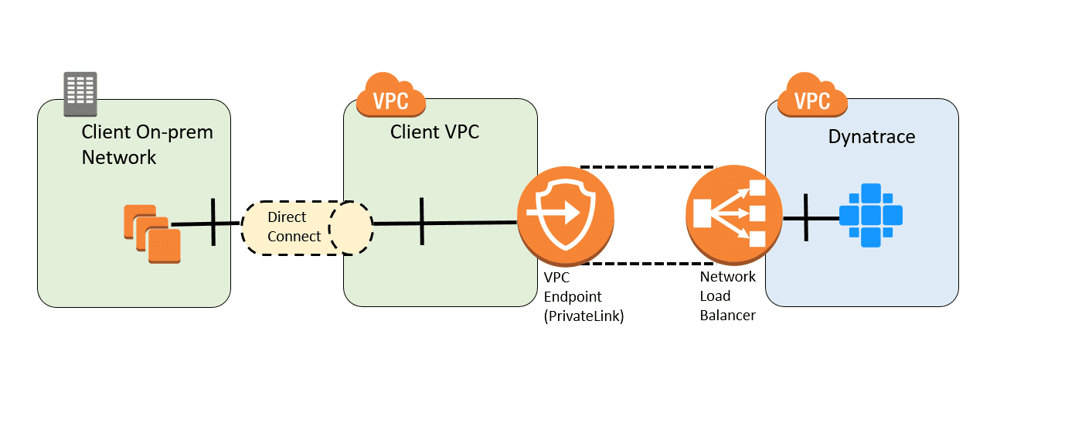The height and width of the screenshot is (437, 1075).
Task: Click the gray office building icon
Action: click(80, 94)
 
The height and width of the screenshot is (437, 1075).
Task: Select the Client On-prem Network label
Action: click(148, 145)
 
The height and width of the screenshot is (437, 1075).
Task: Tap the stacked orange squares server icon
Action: click(152, 234)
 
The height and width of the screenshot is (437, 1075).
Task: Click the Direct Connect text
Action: click(294, 227)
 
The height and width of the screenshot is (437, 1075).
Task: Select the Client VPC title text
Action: click(434, 132)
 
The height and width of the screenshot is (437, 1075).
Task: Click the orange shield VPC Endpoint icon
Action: click(566, 215)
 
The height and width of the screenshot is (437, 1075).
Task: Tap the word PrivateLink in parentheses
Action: click(583, 316)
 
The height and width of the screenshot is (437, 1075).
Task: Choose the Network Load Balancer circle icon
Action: click(733, 214)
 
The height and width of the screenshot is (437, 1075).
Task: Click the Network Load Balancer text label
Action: click(727, 295)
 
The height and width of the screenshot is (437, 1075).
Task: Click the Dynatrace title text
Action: click(872, 137)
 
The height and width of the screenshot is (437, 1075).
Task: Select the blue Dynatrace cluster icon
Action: click(870, 215)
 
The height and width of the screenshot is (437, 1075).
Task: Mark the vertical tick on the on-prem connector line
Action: click(213, 222)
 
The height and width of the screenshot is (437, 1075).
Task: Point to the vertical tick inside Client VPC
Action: click(422, 221)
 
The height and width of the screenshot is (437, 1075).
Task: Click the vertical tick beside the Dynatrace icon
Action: click(806, 217)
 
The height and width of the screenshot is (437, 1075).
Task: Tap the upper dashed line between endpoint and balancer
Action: click(648, 167)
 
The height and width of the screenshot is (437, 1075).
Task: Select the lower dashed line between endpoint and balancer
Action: click(648, 264)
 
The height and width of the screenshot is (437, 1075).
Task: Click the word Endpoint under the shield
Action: click(573, 297)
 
